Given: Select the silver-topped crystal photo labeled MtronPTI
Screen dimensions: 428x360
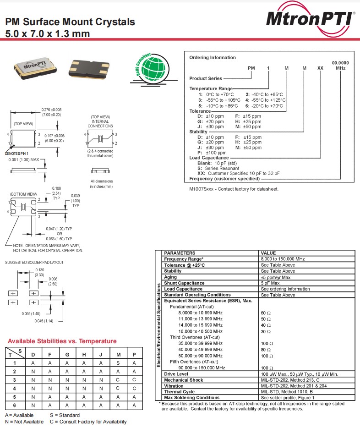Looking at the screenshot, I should coord(34,66).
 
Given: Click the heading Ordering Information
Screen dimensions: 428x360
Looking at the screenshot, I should coord(213,58).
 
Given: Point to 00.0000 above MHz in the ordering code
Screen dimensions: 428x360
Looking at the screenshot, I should coord(340,63).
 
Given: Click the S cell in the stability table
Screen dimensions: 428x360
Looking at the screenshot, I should coord(118,362).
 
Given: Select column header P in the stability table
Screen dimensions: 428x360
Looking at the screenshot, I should coord(134,354).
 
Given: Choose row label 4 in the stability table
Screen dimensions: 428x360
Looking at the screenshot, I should coord(15,388).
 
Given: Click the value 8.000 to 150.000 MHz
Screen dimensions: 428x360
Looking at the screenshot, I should coord(283,259).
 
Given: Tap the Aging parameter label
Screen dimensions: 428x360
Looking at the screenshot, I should coord(170,277).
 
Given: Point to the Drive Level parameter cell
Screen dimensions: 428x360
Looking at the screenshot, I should coord(176,374).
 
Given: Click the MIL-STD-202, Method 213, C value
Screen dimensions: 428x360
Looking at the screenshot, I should coord(290,380).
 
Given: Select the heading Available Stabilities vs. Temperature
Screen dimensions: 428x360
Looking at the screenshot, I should coord(62,341).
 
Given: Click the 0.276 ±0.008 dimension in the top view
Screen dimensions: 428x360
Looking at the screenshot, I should coord(51,110).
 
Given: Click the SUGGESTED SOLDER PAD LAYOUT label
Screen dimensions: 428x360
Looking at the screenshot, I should coord(34,263).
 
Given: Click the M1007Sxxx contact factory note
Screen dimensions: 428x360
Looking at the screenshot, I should coord(234,189).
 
